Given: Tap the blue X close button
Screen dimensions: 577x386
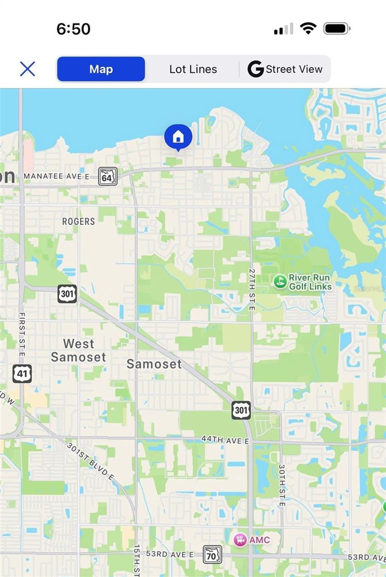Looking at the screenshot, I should [x=27, y=69].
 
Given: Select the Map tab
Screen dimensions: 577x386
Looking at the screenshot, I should [x=101, y=69].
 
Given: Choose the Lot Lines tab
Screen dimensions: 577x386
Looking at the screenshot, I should [x=193, y=69].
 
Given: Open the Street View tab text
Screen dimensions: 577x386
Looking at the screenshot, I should [x=294, y=69].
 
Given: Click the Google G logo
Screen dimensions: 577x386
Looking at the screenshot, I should [x=255, y=69].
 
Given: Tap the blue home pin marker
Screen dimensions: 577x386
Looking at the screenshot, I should [x=178, y=137].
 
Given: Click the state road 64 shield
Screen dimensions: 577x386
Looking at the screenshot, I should [x=107, y=176].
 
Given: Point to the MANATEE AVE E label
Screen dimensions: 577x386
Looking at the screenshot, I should [x=57, y=176].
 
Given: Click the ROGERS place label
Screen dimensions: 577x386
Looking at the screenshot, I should [x=78, y=221].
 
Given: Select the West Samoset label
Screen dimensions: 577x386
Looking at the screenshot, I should [x=78, y=350].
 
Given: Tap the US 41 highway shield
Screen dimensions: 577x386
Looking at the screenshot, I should [x=22, y=373].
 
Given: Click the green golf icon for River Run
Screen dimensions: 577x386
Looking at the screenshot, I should [x=280, y=281].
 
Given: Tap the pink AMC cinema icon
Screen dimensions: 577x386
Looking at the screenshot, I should [x=240, y=540].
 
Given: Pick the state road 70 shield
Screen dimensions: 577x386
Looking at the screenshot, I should [x=212, y=555].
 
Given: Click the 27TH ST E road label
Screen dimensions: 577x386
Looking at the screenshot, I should [x=252, y=289].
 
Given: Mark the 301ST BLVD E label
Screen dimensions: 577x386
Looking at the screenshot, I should [x=90, y=461].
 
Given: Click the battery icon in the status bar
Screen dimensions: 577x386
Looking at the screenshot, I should [x=337, y=29].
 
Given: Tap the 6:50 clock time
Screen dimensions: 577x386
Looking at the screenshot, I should [x=74, y=29].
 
